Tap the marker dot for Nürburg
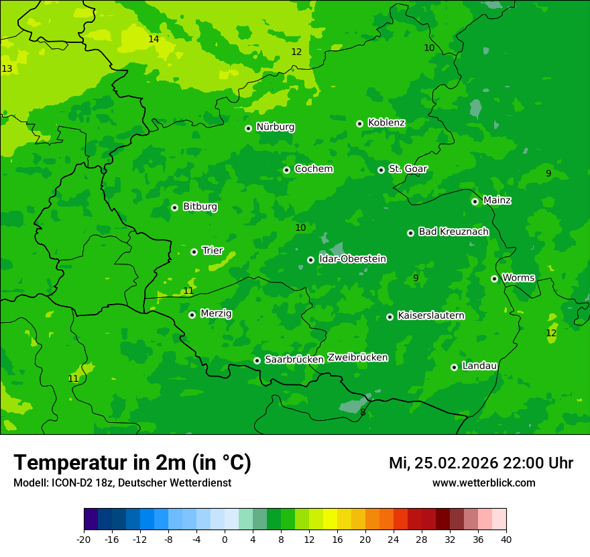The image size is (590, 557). click(248, 128)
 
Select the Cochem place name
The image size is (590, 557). click(313, 168)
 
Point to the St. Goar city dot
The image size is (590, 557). click(381, 170)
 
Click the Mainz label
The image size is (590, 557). click(497, 200)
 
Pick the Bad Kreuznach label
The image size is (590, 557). click(453, 232)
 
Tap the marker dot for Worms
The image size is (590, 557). click(494, 278)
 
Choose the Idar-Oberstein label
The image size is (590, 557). click(352, 258)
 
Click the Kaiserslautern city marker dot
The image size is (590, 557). click(390, 317)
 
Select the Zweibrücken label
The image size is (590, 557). click(357, 357)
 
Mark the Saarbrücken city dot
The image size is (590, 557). click(257, 360)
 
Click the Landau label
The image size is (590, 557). click(479, 366)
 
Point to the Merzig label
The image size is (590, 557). click(216, 313)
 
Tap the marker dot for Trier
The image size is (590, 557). click(194, 252)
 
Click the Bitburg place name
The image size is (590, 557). click(200, 207)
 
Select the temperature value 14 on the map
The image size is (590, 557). click(154, 39)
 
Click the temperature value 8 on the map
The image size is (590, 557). click(363, 412)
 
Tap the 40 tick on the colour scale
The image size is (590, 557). click(506, 540)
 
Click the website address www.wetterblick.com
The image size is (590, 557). click(483, 483)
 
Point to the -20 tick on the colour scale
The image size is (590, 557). click(84, 540)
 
